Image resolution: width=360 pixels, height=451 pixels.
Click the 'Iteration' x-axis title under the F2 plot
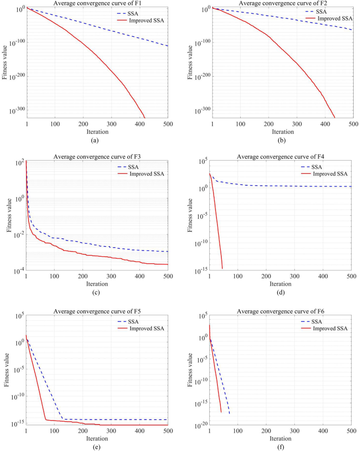[282, 131]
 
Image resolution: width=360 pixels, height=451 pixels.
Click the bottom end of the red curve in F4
[222, 268]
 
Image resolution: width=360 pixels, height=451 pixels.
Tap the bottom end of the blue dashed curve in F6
[229, 414]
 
